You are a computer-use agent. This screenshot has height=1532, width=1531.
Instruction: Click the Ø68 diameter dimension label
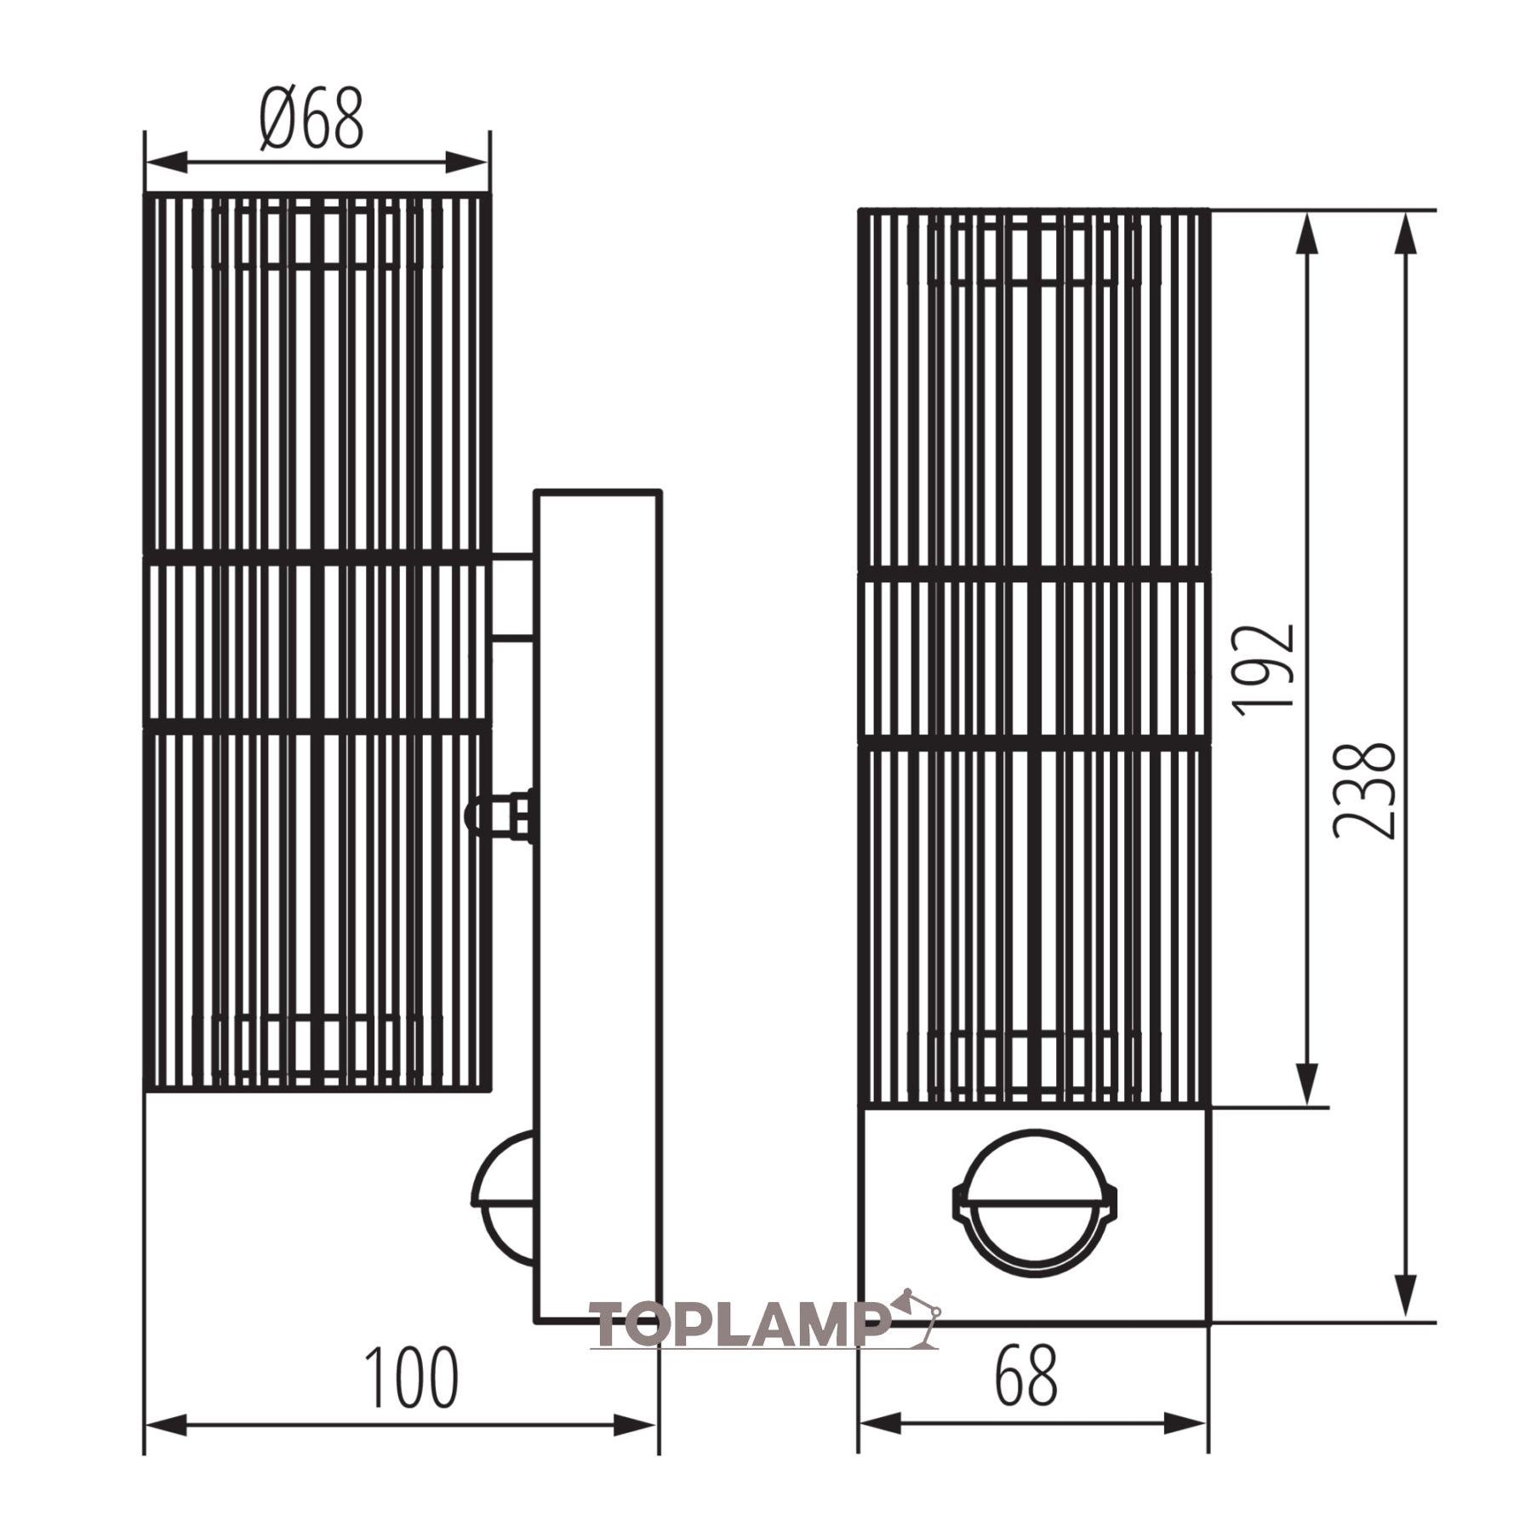click(x=312, y=118)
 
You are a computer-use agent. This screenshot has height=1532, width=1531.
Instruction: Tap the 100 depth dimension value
click(x=411, y=1378)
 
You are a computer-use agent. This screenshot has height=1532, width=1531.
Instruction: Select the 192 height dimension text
click(x=1265, y=669)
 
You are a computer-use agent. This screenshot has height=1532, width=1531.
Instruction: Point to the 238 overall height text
click(x=1364, y=791)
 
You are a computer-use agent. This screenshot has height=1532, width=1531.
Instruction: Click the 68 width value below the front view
click(x=1027, y=1375)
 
